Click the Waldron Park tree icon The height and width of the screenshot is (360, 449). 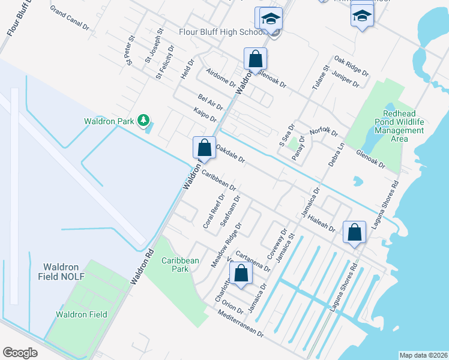[x=143, y=121]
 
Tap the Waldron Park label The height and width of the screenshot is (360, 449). [x=108, y=121]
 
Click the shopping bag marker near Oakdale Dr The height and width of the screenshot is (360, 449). [x=204, y=148]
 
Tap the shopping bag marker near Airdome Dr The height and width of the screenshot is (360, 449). [x=255, y=59]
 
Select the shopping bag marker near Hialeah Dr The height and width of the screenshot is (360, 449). [x=354, y=232]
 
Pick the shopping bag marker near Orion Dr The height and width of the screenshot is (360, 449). [x=241, y=274]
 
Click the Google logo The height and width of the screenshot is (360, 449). [x=20, y=353]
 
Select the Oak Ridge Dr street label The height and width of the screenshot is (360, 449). [x=352, y=65]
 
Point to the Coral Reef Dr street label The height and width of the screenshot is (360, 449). [x=213, y=212]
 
